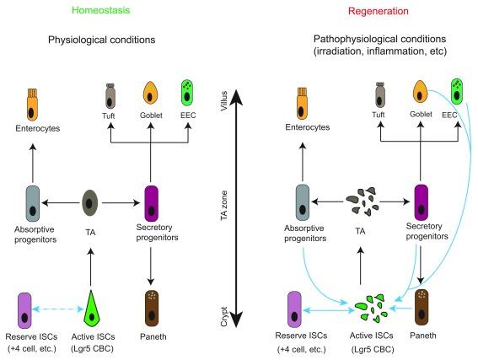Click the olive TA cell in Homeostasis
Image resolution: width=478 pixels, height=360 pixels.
point(91,203)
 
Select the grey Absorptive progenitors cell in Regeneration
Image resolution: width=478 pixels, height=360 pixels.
point(301,204)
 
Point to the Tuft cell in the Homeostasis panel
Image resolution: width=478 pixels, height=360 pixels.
point(111,92)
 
